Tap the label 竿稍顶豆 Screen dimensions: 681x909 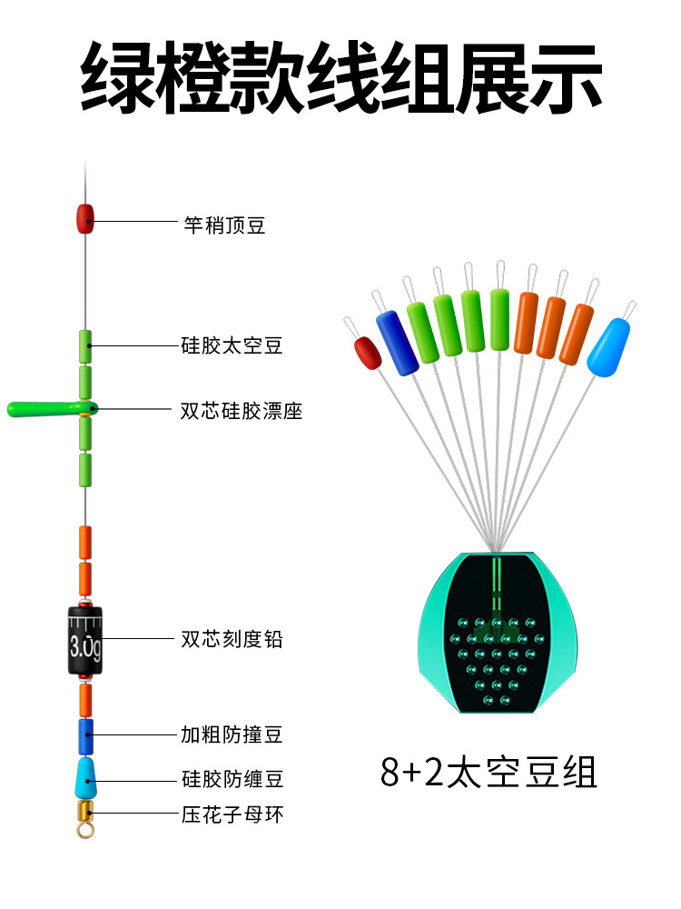224,225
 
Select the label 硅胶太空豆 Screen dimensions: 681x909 232,345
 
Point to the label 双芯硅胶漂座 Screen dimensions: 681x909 242,411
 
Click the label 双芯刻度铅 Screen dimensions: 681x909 232,639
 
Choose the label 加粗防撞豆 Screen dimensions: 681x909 232,734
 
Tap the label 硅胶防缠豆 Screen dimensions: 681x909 232,779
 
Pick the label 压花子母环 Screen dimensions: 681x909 232,814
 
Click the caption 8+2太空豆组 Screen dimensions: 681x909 489,773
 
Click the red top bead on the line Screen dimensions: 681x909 85,218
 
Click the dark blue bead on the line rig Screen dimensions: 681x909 85,735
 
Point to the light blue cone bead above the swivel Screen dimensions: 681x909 86,776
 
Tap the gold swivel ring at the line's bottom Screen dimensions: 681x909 86,828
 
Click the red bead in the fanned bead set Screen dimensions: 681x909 366,353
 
